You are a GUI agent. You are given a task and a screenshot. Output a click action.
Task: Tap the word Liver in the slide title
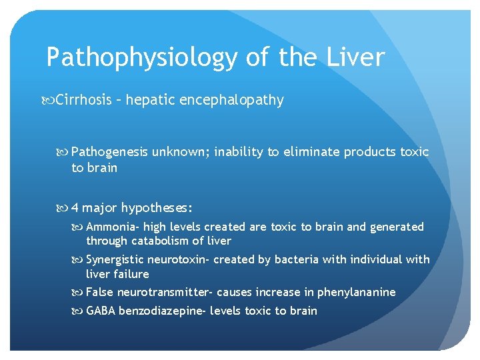pos(355,57)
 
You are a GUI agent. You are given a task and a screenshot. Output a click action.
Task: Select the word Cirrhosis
pos(83,100)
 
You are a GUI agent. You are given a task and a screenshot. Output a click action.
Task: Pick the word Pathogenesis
pos(109,152)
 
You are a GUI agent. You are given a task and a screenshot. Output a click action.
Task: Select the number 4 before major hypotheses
pos(75,208)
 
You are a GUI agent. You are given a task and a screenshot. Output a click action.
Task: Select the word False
pos(99,292)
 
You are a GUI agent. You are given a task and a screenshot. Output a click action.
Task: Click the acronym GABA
pos(101,311)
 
